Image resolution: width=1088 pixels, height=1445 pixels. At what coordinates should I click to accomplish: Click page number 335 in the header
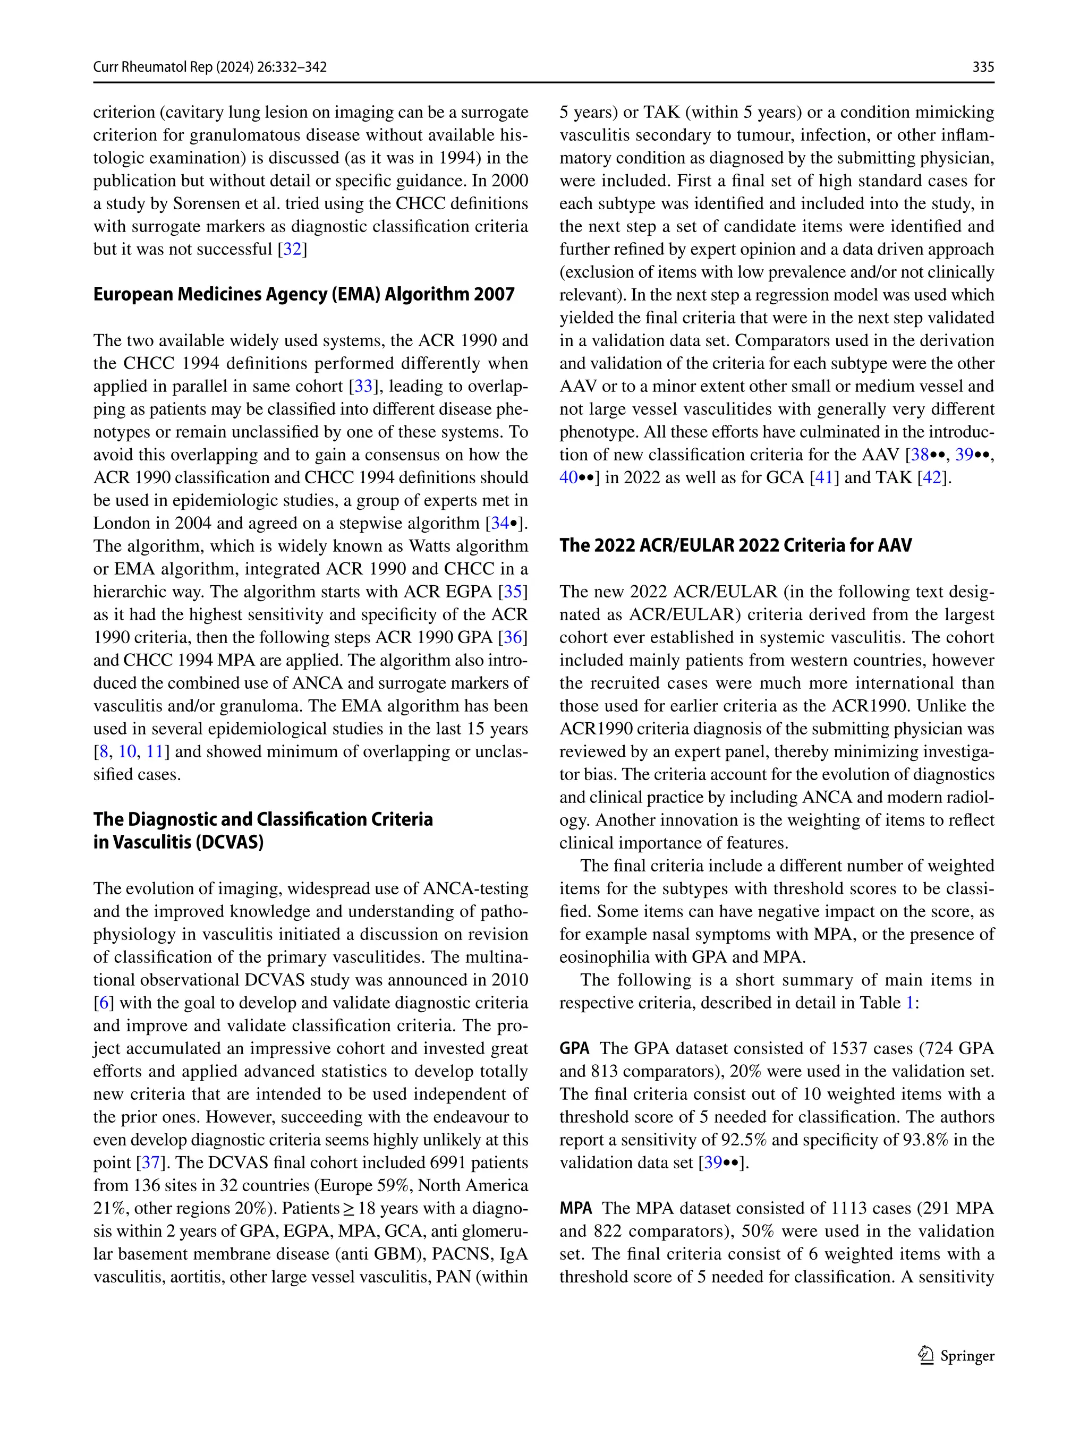point(983,66)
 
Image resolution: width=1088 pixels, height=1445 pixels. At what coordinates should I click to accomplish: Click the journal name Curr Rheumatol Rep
point(153,66)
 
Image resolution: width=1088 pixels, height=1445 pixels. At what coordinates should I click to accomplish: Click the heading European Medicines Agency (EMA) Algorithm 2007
point(304,294)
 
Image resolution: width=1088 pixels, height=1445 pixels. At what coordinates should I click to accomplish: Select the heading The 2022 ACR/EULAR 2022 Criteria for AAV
point(735,545)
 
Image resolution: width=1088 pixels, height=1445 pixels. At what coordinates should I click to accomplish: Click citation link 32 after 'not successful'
point(292,249)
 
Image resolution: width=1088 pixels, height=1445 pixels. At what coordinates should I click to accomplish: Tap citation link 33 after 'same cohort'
point(363,386)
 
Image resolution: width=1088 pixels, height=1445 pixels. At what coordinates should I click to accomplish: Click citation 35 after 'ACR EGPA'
point(512,591)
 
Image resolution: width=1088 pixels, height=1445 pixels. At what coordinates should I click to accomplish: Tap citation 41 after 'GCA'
point(823,477)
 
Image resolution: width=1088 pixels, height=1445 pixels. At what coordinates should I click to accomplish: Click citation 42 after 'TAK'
point(932,477)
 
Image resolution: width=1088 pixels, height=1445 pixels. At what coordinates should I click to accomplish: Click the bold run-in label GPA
point(574,1048)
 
